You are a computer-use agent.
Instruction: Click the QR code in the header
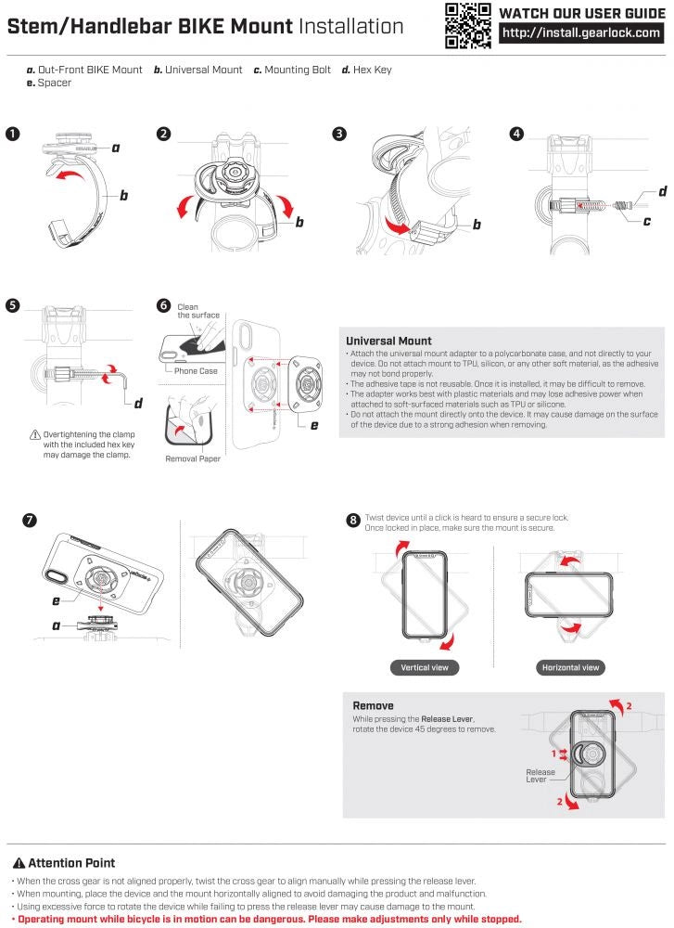tap(467, 25)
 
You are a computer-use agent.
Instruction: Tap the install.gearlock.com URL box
tap(582, 33)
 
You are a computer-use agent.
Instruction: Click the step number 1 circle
tap(12, 134)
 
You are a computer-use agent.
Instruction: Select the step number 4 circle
tap(516, 134)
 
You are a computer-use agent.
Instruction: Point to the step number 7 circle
tap(31, 520)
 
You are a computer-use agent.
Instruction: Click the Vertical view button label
tap(426, 667)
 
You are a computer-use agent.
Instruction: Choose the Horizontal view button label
tap(570, 667)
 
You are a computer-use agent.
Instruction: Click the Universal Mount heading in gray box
tap(388, 341)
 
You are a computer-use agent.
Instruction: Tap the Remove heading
tap(373, 705)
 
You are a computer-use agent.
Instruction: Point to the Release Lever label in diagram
tap(540, 776)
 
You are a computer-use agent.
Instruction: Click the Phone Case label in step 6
tap(196, 371)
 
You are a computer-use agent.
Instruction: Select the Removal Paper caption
tap(193, 458)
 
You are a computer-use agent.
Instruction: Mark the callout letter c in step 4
tap(646, 221)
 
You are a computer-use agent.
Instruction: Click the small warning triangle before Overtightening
tap(35, 434)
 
